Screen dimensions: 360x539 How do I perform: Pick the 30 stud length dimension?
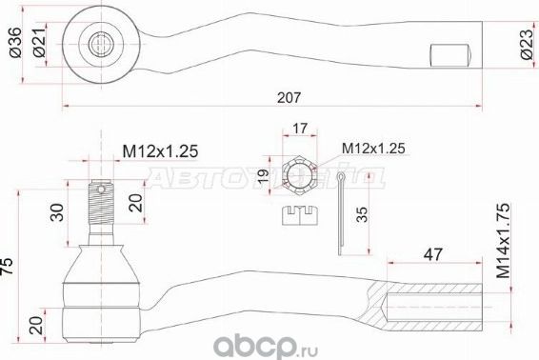pyautogui.click(x=60, y=210)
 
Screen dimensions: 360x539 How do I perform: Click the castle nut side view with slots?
pyautogui.click(x=301, y=215)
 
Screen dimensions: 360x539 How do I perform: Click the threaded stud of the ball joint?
pyautogui.click(x=101, y=210)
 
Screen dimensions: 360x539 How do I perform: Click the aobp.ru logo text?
pyautogui.click(x=477, y=337)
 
